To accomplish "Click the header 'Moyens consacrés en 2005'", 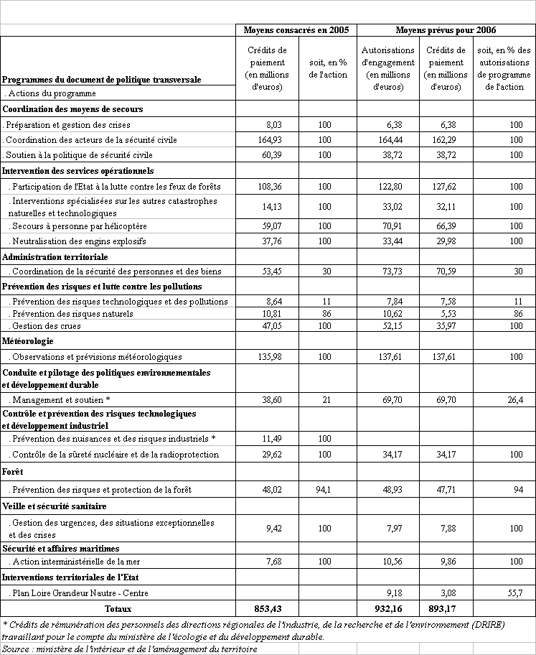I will click(x=296, y=30).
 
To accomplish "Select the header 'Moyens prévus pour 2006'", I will click(x=446, y=30).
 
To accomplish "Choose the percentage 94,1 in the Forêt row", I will click(x=324, y=490).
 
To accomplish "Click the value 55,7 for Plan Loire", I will click(x=514, y=593).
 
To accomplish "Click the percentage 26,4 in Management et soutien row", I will click(x=514, y=399).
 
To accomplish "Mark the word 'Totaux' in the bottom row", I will click(x=119, y=608).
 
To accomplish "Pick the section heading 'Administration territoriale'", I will click(x=55, y=256).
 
